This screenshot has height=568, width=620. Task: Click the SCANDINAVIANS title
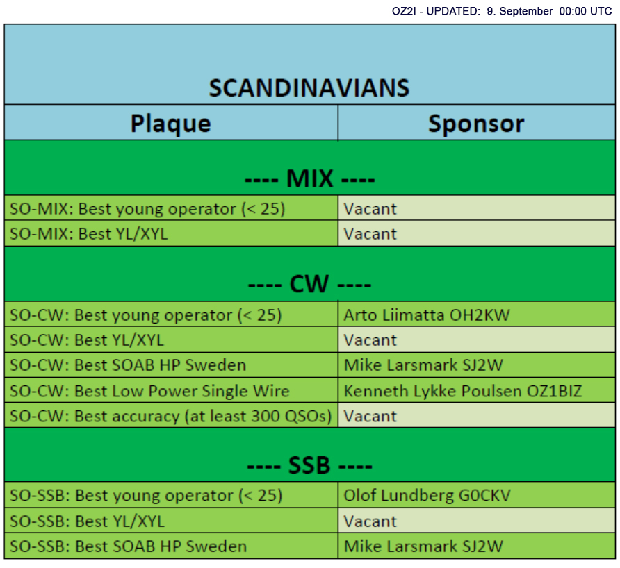[x=309, y=87]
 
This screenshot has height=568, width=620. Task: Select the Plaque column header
[x=171, y=124]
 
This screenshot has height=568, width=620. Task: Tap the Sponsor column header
[x=476, y=124]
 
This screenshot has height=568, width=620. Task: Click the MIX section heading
[x=309, y=179]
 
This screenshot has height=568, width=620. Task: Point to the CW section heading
[x=309, y=284]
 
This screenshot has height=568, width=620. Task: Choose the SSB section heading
[x=309, y=465]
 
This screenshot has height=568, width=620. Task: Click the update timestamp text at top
[x=502, y=11]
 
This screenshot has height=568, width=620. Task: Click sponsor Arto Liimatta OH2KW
[x=427, y=315]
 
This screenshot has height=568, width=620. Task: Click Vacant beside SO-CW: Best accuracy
[x=370, y=417]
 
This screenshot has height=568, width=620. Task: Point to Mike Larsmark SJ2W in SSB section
[x=423, y=546]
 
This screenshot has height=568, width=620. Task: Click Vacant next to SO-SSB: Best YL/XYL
[x=370, y=521]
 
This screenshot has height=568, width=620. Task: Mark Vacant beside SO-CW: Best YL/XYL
[x=370, y=340]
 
